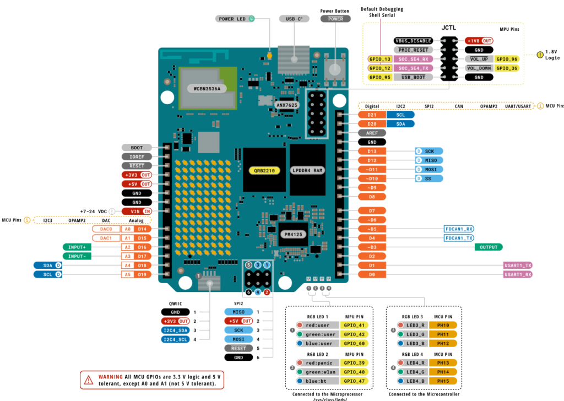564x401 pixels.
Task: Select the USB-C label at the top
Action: pos(294,19)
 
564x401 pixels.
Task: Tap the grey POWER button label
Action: pos(335,19)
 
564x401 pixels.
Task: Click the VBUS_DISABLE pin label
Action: pos(413,41)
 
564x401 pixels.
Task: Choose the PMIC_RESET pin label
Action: pos(413,50)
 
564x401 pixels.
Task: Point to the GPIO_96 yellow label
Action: pos(506,59)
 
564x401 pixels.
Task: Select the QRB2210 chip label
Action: pos(264,171)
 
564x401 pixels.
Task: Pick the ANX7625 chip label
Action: pos(286,104)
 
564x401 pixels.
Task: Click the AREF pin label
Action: pos(372,133)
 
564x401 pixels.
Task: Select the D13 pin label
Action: pos(372,151)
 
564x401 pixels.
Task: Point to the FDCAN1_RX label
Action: pos(458,229)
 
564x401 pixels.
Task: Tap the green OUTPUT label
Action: pos(489,247)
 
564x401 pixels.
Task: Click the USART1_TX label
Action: pos(517,265)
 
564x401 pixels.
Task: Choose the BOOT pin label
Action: pos(137,148)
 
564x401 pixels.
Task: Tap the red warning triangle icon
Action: pos(89,379)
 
